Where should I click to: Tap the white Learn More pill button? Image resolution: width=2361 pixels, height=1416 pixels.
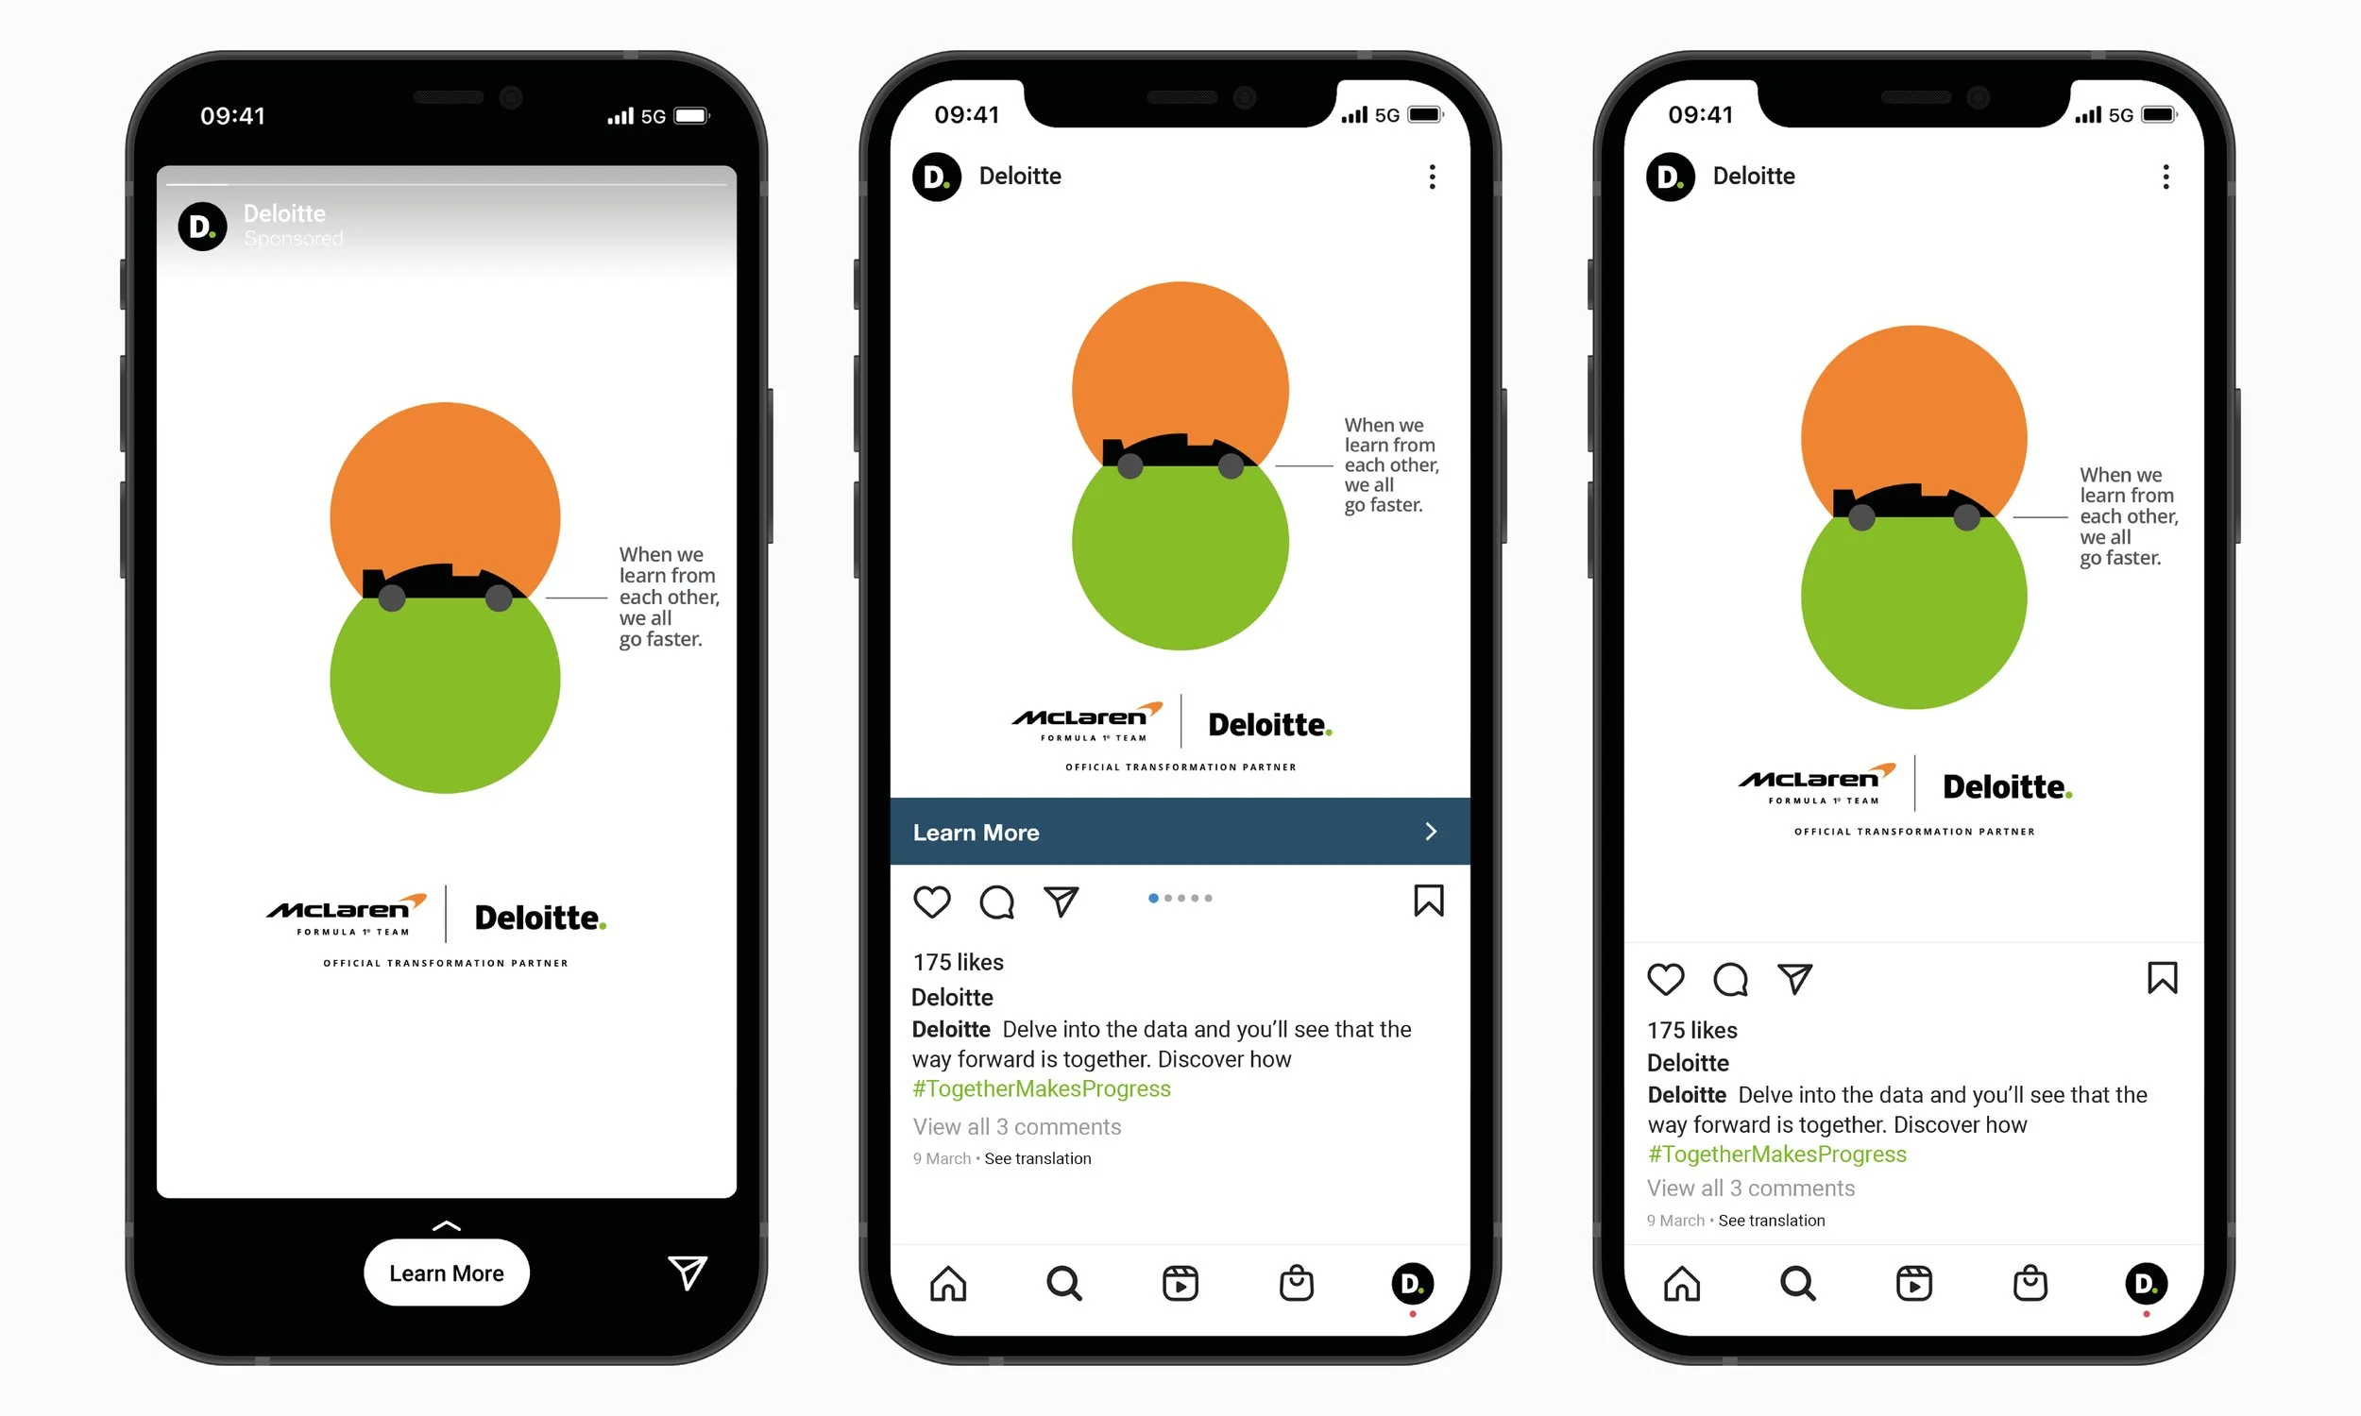pos(446,1273)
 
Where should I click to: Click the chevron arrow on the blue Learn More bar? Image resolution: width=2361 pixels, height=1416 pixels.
pos(1430,831)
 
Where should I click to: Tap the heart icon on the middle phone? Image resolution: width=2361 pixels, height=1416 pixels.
pos(931,902)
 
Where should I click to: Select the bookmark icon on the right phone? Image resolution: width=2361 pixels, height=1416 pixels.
pos(2162,978)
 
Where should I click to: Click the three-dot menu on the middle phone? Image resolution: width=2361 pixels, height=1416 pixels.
pos(1432,177)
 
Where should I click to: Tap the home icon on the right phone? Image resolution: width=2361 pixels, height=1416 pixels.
pos(1682,1284)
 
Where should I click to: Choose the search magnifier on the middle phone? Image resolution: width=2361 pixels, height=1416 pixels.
pos(1063,1284)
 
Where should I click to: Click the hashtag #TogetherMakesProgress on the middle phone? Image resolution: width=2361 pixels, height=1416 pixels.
pos(1041,1088)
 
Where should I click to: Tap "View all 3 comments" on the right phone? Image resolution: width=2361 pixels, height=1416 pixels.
pos(1750,1188)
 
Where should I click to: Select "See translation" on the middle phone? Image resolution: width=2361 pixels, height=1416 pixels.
pos(1037,1158)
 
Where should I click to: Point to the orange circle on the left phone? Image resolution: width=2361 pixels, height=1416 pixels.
pos(444,486)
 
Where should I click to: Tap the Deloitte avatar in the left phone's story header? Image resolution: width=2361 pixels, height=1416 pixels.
pos(202,227)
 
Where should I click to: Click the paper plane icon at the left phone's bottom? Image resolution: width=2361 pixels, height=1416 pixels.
pos(688,1272)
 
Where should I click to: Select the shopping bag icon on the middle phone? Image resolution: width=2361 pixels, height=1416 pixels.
pos(1296,1284)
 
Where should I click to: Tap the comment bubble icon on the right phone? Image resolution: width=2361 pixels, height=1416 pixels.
pos(1730,979)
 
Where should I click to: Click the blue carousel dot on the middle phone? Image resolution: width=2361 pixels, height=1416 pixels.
pos(1153,898)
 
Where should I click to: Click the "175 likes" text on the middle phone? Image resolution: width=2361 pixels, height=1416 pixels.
pos(959,962)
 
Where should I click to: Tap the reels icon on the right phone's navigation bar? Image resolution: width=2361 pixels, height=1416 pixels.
pos(1913,1284)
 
